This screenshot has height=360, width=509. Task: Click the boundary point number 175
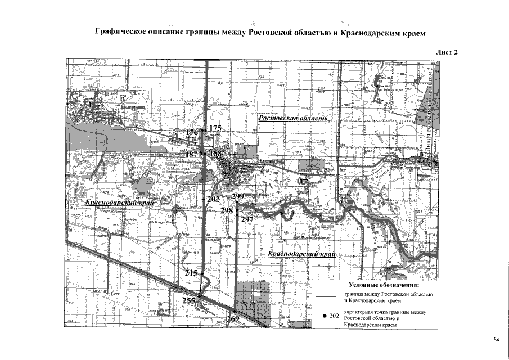[x=215, y=129]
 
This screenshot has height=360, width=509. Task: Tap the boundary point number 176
[x=192, y=133]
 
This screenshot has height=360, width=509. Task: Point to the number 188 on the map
[x=215, y=154]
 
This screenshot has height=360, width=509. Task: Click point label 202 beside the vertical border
[x=213, y=199]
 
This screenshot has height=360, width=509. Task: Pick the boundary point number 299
[x=237, y=196]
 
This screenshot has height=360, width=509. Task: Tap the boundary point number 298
[x=227, y=210]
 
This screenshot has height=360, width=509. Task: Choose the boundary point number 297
[x=247, y=220]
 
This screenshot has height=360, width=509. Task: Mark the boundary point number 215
[x=192, y=273]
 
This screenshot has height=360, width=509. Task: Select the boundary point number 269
[x=233, y=319]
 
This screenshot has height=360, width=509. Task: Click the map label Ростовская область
[x=292, y=120]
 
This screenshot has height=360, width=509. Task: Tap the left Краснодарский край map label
[x=120, y=201]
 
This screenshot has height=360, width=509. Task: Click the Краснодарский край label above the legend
[x=302, y=254]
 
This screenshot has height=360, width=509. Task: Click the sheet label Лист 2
[x=448, y=52]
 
